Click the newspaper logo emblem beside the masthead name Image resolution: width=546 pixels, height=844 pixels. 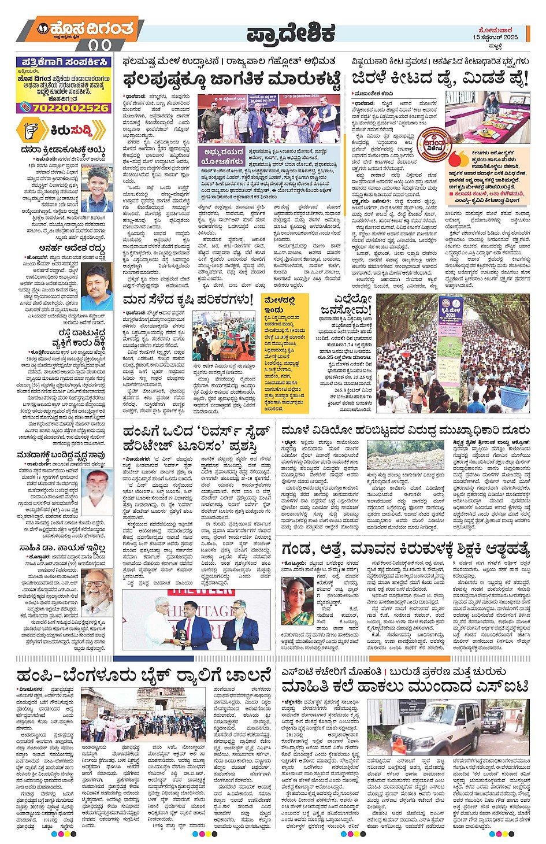click(x=43, y=28)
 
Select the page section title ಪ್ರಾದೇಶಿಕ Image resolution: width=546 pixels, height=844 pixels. click(x=291, y=33)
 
